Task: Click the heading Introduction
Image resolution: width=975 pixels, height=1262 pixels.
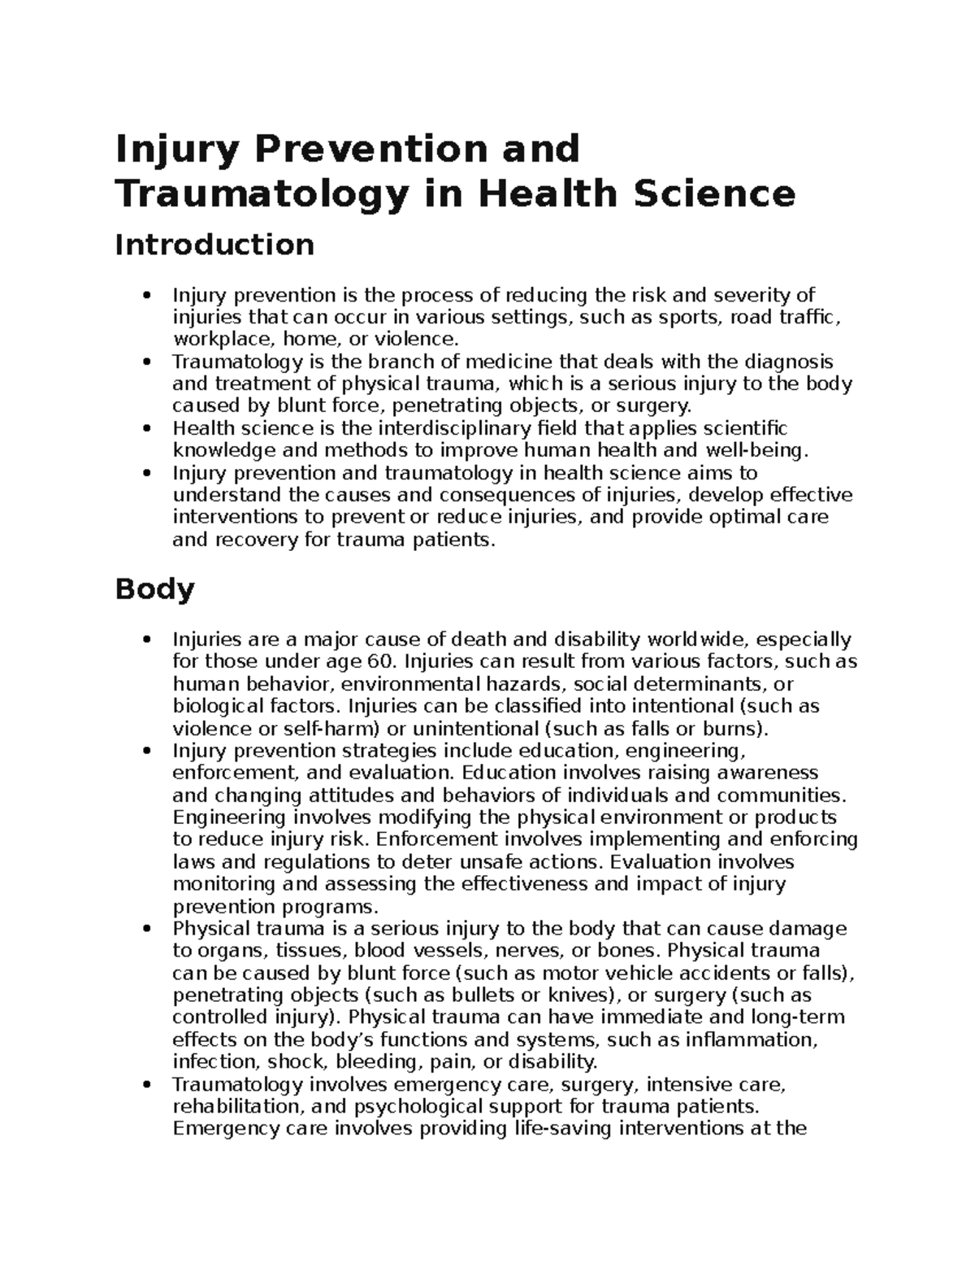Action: tap(214, 245)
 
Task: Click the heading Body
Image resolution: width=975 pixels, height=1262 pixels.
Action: tap(154, 589)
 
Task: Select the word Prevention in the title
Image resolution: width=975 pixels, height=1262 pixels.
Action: tap(374, 149)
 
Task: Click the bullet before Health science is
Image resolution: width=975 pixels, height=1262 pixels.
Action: tap(146, 428)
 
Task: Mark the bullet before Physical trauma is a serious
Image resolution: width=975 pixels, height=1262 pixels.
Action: tap(146, 929)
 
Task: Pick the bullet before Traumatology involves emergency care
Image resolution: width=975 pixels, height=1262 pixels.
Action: tap(146, 1085)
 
